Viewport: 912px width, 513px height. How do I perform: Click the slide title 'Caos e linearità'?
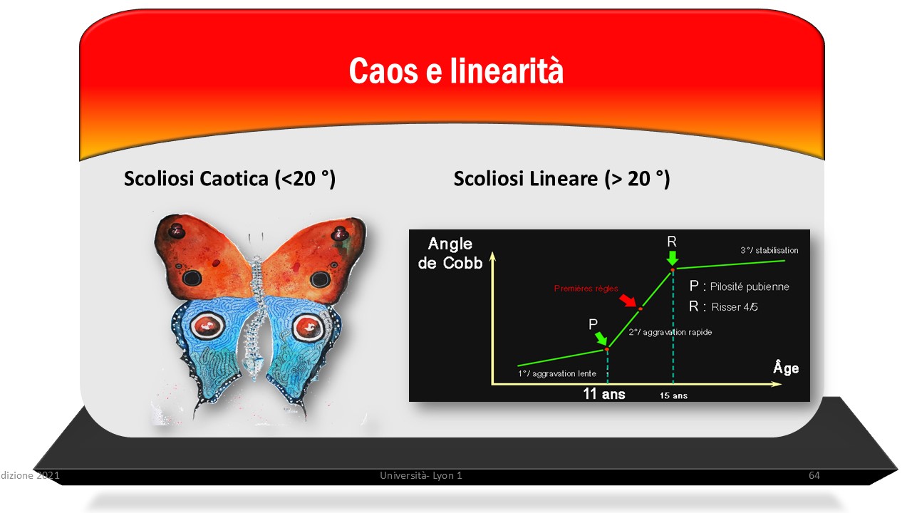(456, 71)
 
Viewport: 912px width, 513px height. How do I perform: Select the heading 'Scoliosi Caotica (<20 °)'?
(229, 179)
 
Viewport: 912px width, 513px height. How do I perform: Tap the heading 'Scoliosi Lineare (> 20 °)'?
(562, 179)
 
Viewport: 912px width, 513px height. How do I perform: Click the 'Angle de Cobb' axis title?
(450, 253)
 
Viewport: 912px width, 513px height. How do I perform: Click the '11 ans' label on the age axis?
(604, 394)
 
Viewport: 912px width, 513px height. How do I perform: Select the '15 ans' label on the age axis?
(673, 395)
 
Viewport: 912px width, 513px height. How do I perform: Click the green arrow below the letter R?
(673, 258)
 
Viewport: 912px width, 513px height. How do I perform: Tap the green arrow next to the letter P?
(601, 338)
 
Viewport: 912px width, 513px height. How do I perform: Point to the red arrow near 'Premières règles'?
(628, 301)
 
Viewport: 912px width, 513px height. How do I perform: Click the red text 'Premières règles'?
(586, 289)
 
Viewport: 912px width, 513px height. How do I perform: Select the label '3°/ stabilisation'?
(769, 250)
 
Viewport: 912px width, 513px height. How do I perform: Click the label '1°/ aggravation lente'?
(557, 374)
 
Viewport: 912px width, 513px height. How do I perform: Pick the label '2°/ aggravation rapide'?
(670, 332)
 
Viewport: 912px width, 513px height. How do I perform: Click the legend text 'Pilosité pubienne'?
(750, 286)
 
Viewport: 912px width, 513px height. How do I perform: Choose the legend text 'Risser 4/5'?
(735, 307)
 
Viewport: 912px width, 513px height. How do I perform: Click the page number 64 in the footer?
(814, 475)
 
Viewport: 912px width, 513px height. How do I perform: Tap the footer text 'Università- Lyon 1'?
(421, 475)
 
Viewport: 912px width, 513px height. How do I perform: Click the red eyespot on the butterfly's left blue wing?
(208, 326)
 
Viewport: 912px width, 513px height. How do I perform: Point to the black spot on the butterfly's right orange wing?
(320, 279)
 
